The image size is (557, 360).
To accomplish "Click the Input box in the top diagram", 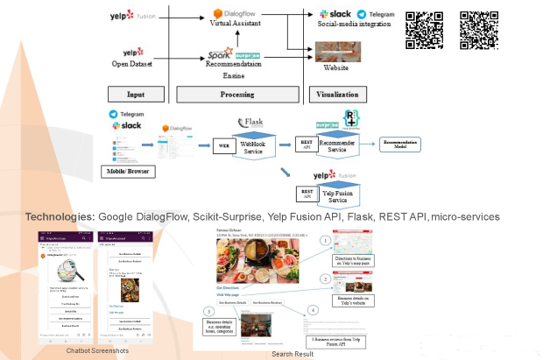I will pyautogui.click(x=136, y=94).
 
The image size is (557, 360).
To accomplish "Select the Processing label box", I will pyautogui.click(x=236, y=94).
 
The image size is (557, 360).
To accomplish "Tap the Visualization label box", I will pyautogui.click(x=338, y=94).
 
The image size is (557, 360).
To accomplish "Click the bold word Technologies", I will pyautogui.click(x=60, y=216).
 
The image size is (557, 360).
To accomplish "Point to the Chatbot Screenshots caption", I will pyautogui.click(x=95, y=349).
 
